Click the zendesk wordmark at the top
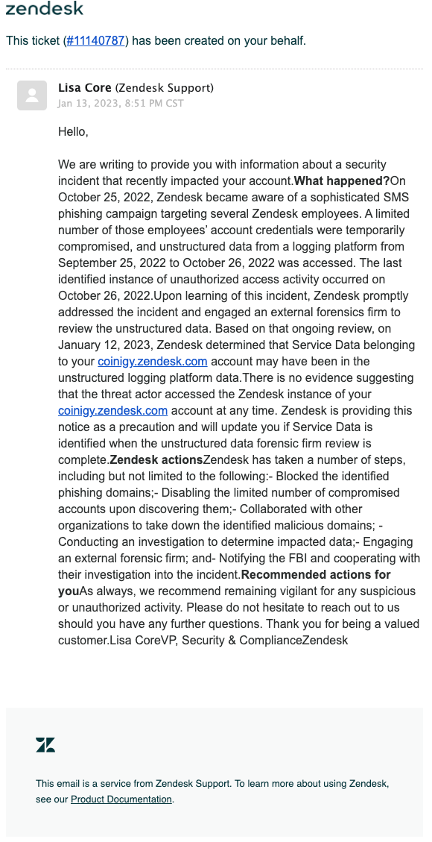(x=45, y=9)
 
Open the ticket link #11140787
(x=96, y=40)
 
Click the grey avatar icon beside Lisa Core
(x=32, y=95)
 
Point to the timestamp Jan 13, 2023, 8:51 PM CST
(x=121, y=104)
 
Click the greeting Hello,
(x=73, y=132)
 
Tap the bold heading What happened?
(x=342, y=181)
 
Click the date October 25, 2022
(x=104, y=198)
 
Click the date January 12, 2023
(x=104, y=345)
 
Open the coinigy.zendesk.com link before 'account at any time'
(x=112, y=411)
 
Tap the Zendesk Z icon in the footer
(x=45, y=744)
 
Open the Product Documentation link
(x=121, y=799)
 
